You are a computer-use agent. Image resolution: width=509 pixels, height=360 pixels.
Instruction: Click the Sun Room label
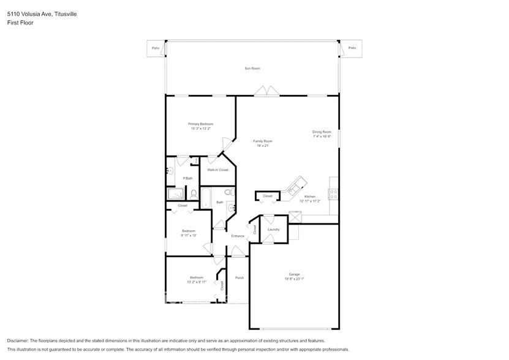coord(252,69)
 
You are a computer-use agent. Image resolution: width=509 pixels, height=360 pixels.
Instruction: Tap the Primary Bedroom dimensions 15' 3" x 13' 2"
coord(200,129)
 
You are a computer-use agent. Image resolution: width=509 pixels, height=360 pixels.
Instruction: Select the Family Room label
coord(263,141)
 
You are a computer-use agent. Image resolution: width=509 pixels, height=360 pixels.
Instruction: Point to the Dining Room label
coord(322,132)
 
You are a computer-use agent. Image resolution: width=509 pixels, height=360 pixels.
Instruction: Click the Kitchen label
coord(309,197)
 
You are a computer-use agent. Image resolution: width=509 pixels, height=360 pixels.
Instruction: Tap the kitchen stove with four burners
coord(334,195)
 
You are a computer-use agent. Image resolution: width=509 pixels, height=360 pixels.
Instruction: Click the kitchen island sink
coord(300,183)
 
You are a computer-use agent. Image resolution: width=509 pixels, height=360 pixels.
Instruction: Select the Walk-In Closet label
coord(217,170)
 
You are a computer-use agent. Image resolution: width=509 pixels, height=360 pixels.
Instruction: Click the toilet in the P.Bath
coord(194,194)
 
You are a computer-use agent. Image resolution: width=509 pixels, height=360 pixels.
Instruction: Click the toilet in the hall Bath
coord(228,193)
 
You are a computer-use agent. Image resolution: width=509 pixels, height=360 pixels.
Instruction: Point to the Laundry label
coord(274,230)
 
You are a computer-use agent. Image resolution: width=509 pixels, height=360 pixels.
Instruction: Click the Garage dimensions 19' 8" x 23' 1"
coord(294,279)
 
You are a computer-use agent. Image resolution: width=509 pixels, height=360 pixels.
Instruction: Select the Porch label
coord(239,278)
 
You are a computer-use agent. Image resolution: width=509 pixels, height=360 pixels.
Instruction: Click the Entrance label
coord(238,236)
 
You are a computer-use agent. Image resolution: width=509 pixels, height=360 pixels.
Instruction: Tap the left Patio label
coord(155,48)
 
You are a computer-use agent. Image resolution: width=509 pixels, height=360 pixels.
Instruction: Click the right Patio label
coord(351,48)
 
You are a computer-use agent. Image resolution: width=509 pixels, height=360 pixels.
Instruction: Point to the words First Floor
coord(20,23)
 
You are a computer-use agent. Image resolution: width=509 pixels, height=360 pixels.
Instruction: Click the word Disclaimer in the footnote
coord(18,340)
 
